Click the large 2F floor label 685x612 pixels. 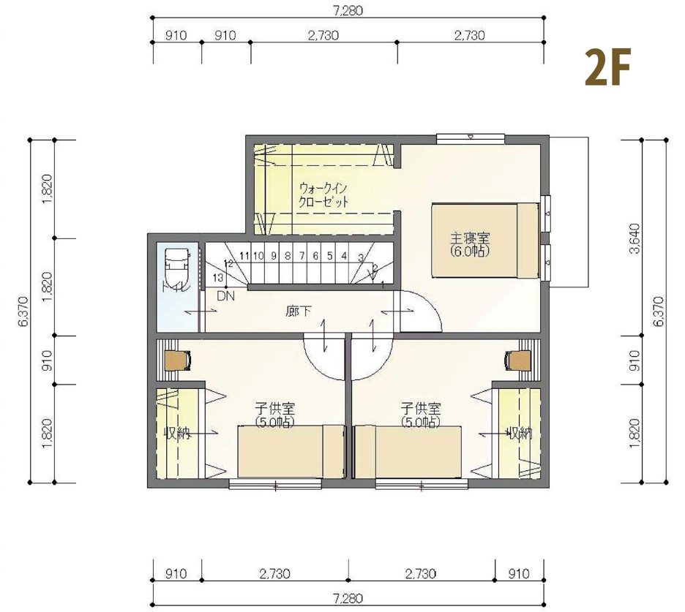[x=607, y=68]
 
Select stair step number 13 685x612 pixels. [x=218, y=278]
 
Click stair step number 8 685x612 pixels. [x=287, y=256]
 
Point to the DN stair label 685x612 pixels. [x=225, y=296]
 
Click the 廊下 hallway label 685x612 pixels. [x=299, y=311]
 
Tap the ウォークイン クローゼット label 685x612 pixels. [x=323, y=195]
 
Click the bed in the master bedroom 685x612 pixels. [x=485, y=240]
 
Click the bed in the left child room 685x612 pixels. [x=291, y=451]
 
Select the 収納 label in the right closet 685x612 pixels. [x=519, y=434]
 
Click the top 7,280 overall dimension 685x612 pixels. [x=348, y=10]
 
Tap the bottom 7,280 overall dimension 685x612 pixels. [x=348, y=598]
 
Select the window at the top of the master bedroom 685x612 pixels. [x=471, y=138]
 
